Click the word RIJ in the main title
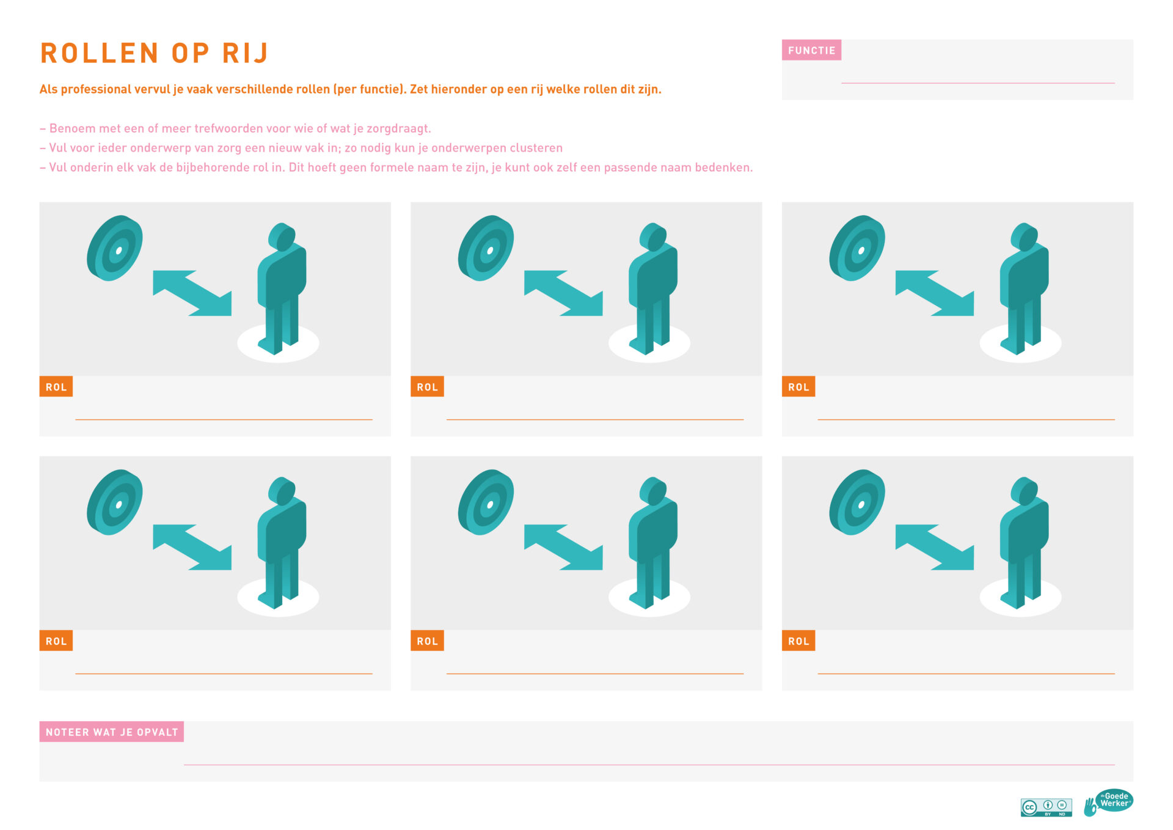(x=245, y=53)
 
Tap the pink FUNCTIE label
(x=811, y=50)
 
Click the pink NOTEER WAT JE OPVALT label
(x=112, y=732)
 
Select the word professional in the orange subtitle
(x=96, y=89)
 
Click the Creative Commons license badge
(x=1046, y=807)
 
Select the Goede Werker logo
(x=1108, y=802)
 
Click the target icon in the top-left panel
(x=115, y=248)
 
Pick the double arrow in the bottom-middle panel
(x=563, y=547)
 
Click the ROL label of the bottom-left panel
(x=56, y=641)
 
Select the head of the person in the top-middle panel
(x=653, y=237)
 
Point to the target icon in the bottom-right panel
(x=857, y=502)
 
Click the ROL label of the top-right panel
(x=798, y=386)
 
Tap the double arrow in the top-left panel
(x=192, y=293)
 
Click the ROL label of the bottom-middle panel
(x=427, y=641)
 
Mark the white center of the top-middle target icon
(x=490, y=251)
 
